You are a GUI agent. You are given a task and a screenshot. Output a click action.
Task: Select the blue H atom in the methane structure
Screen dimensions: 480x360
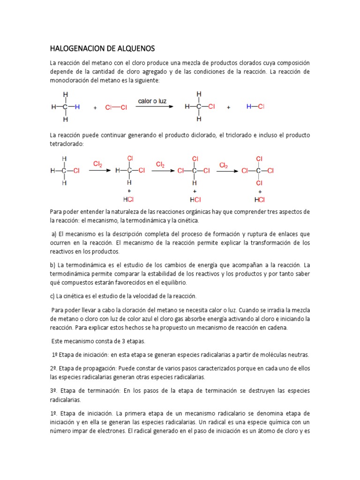pyautogui.click(x=78, y=107)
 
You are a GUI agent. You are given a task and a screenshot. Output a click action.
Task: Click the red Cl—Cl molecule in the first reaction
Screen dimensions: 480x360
pyautogui.click(x=116, y=107)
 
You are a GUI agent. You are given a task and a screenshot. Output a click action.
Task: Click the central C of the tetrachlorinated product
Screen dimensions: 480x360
pyautogui.click(x=258, y=171)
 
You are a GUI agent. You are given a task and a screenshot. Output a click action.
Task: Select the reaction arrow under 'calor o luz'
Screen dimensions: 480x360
pyautogui.click(x=152, y=107)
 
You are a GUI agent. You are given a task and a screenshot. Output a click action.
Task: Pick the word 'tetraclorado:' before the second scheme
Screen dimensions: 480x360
pyautogui.click(x=67, y=144)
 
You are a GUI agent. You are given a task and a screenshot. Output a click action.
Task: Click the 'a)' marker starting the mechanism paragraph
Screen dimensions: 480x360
pyautogui.click(x=54, y=234)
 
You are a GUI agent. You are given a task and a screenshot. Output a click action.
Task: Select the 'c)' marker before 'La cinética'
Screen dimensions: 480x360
pyautogui.click(x=52, y=296)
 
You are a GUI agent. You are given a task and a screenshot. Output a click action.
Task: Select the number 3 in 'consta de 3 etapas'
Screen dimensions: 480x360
pyautogui.click(x=111, y=341)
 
